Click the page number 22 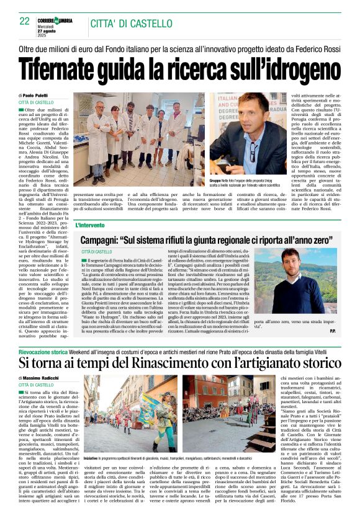click(25, 20)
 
